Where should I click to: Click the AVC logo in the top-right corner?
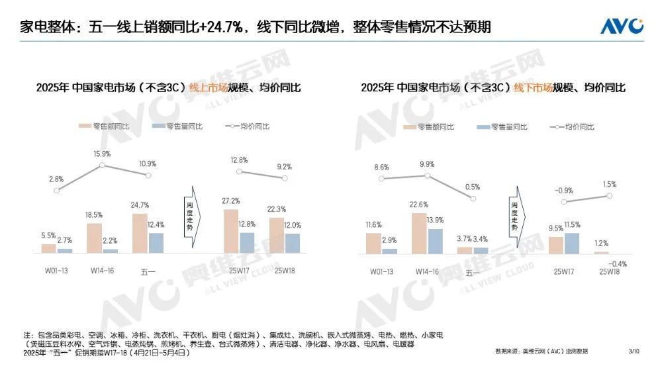pyautogui.click(x=622, y=26)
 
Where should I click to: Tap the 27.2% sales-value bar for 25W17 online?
pyautogui.click(x=230, y=231)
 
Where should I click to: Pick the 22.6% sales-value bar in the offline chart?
pyautogui.click(x=419, y=234)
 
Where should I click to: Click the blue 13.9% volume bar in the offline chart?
pyautogui.click(x=435, y=241)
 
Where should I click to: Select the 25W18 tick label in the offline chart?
pyautogui.click(x=609, y=271)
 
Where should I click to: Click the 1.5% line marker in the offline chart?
pyautogui.click(x=609, y=196)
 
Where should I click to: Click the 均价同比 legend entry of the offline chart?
pyautogui.click(x=571, y=126)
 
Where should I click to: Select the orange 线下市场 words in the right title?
pyautogui.click(x=534, y=87)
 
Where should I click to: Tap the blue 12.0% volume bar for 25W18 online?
pyautogui.click(x=292, y=243)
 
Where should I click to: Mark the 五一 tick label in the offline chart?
pyautogui.click(x=473, y=271)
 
